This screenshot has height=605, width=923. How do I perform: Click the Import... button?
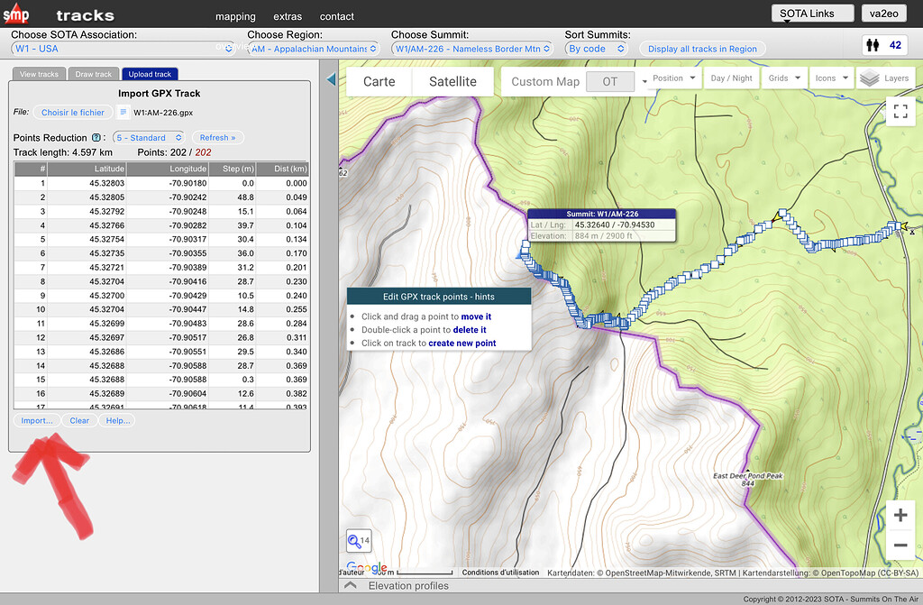(37, 420)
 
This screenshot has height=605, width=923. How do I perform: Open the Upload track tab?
(150, 74)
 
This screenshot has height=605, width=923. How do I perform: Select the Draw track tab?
(93, 74)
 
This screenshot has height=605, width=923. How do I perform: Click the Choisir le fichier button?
(73, 113)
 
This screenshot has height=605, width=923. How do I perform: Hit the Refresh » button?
(217, 138)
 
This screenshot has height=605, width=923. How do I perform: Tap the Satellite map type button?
(452, 81)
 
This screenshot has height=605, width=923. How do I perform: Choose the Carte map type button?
(379, 81)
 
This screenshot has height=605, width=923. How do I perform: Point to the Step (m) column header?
(239, 169)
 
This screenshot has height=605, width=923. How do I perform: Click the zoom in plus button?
(900, 515)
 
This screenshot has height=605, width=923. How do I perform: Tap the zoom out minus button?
(900, 545)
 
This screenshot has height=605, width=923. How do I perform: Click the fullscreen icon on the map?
(900, 111)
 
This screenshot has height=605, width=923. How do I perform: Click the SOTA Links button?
(812, 13)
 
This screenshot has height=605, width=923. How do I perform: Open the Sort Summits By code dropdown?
(596, 49)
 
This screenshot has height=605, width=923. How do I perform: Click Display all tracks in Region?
(702, 49)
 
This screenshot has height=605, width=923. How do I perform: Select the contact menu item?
(336, 16)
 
